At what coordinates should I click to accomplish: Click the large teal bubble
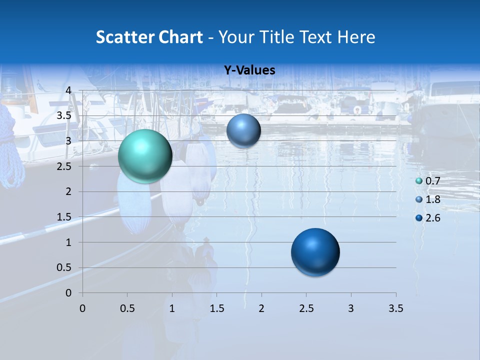coord(145,156)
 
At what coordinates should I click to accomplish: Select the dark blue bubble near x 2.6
coord(315,252)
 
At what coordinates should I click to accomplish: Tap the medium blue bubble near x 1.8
coord(243,130)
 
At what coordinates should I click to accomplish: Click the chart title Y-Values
coord(249,70)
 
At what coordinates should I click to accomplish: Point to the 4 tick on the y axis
coord(68,90)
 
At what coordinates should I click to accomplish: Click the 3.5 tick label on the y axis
coord(65,116)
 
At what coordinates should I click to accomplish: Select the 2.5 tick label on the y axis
coord(65,166)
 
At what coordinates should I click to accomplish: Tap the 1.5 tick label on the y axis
coord(65,217)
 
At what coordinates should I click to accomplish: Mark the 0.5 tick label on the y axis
coord(65,267)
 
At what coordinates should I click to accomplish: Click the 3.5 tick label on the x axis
coord(395,308)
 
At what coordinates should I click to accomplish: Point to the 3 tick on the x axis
coord(351,308)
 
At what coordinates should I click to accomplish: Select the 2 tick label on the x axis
coord(261,308)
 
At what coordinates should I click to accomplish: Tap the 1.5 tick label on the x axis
coord(216,308)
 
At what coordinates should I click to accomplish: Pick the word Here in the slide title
coord(356,37)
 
